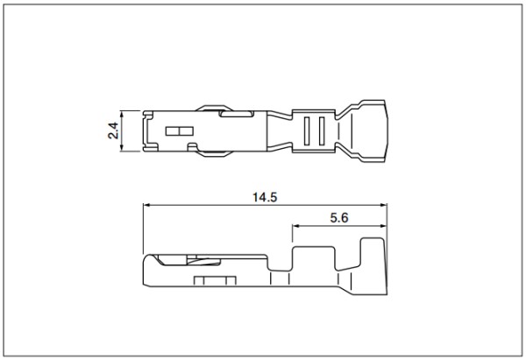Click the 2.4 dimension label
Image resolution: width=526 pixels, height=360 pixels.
pyautogui.click(x=113, y=131)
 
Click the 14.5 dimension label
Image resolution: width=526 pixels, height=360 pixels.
pyautogui.click(x=265, y=197)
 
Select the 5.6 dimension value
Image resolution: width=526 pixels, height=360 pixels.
pyautogui.click(x=339, y=218)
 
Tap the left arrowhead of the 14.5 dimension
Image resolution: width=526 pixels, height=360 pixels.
pyautogui.click(x=146, y=205)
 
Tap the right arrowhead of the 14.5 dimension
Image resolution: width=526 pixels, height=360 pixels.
pyautogui.click(x=383, y=205)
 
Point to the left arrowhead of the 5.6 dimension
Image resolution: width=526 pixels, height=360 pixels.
pyautogui.click(x=295, y=226)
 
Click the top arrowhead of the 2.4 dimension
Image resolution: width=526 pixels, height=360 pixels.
pyautogui.click(x=122, y=114)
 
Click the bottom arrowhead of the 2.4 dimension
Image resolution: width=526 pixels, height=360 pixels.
pyautogui.click(x=122, y=148)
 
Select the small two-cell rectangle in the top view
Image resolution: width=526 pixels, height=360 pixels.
pyautogui.click(x=180, y=131)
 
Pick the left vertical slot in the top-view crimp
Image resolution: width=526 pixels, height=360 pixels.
pyautogui.click(x=307, y=131)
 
